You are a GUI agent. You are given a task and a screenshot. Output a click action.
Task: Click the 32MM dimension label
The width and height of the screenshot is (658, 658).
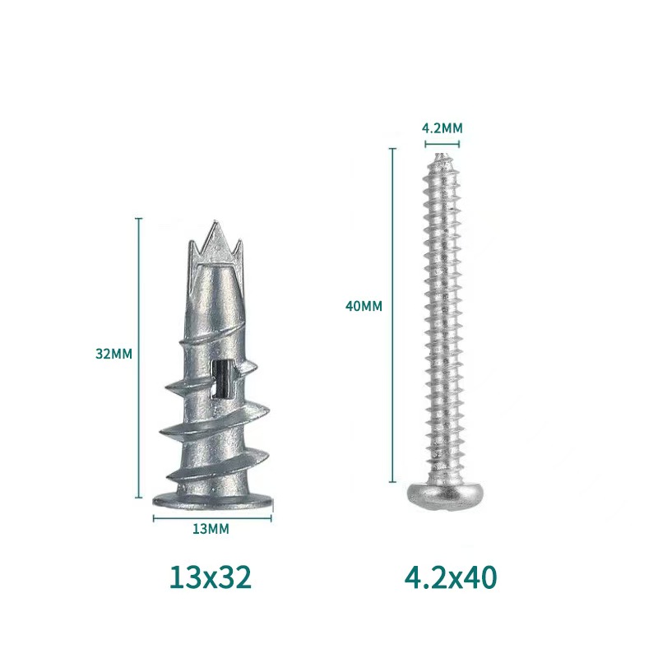click(x=114, y=354)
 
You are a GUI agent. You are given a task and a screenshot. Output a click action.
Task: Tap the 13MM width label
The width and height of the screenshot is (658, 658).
click(x=211, y=529)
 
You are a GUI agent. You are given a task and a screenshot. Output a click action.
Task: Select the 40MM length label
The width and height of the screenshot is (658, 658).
click(x=364, y=306)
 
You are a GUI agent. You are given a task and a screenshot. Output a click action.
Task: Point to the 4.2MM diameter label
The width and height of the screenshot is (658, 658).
click(x=442, y=128)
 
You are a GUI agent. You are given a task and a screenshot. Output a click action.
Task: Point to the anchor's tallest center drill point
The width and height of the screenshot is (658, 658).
click(x=216, y=222)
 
